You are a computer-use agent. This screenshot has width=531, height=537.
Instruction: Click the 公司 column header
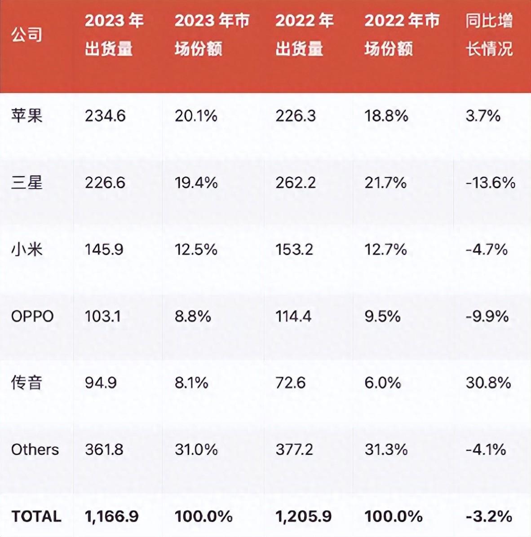pos(27,35)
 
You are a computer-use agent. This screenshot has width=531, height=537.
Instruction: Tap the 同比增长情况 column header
pos(489,35)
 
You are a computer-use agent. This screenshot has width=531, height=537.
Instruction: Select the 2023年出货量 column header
pos(114,35)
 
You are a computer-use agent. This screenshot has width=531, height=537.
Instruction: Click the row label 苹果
pos(27,116)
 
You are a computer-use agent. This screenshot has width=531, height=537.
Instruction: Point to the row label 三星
pos(27,183)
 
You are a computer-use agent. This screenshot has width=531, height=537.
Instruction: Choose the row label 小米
pos(27,249)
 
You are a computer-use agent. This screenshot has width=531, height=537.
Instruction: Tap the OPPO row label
pos(32,316)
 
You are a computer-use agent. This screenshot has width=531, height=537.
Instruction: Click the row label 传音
pos(27,383)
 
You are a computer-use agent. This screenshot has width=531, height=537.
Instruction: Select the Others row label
pos(35,449)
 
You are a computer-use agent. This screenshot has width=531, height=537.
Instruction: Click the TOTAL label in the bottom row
pos(36,516)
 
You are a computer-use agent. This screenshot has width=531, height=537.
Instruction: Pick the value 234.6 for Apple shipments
pos(105,116)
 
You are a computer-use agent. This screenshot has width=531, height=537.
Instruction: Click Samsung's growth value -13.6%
pos(490,183)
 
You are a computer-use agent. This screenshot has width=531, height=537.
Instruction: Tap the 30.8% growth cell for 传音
pos(488,383)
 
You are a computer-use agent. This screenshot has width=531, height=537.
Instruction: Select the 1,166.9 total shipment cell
pos(112,516)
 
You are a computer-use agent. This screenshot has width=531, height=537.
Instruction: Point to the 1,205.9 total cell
pos(304,516)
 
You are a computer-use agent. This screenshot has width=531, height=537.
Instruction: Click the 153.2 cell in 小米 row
pos(294,249)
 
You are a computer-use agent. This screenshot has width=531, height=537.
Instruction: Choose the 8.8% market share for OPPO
pos(193,316)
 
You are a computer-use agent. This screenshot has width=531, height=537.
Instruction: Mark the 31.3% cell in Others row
pos(386,449)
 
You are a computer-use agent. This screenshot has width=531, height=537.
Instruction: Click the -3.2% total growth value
pos(489,516)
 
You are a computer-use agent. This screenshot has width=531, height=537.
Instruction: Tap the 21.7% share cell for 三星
pos(385,183)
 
